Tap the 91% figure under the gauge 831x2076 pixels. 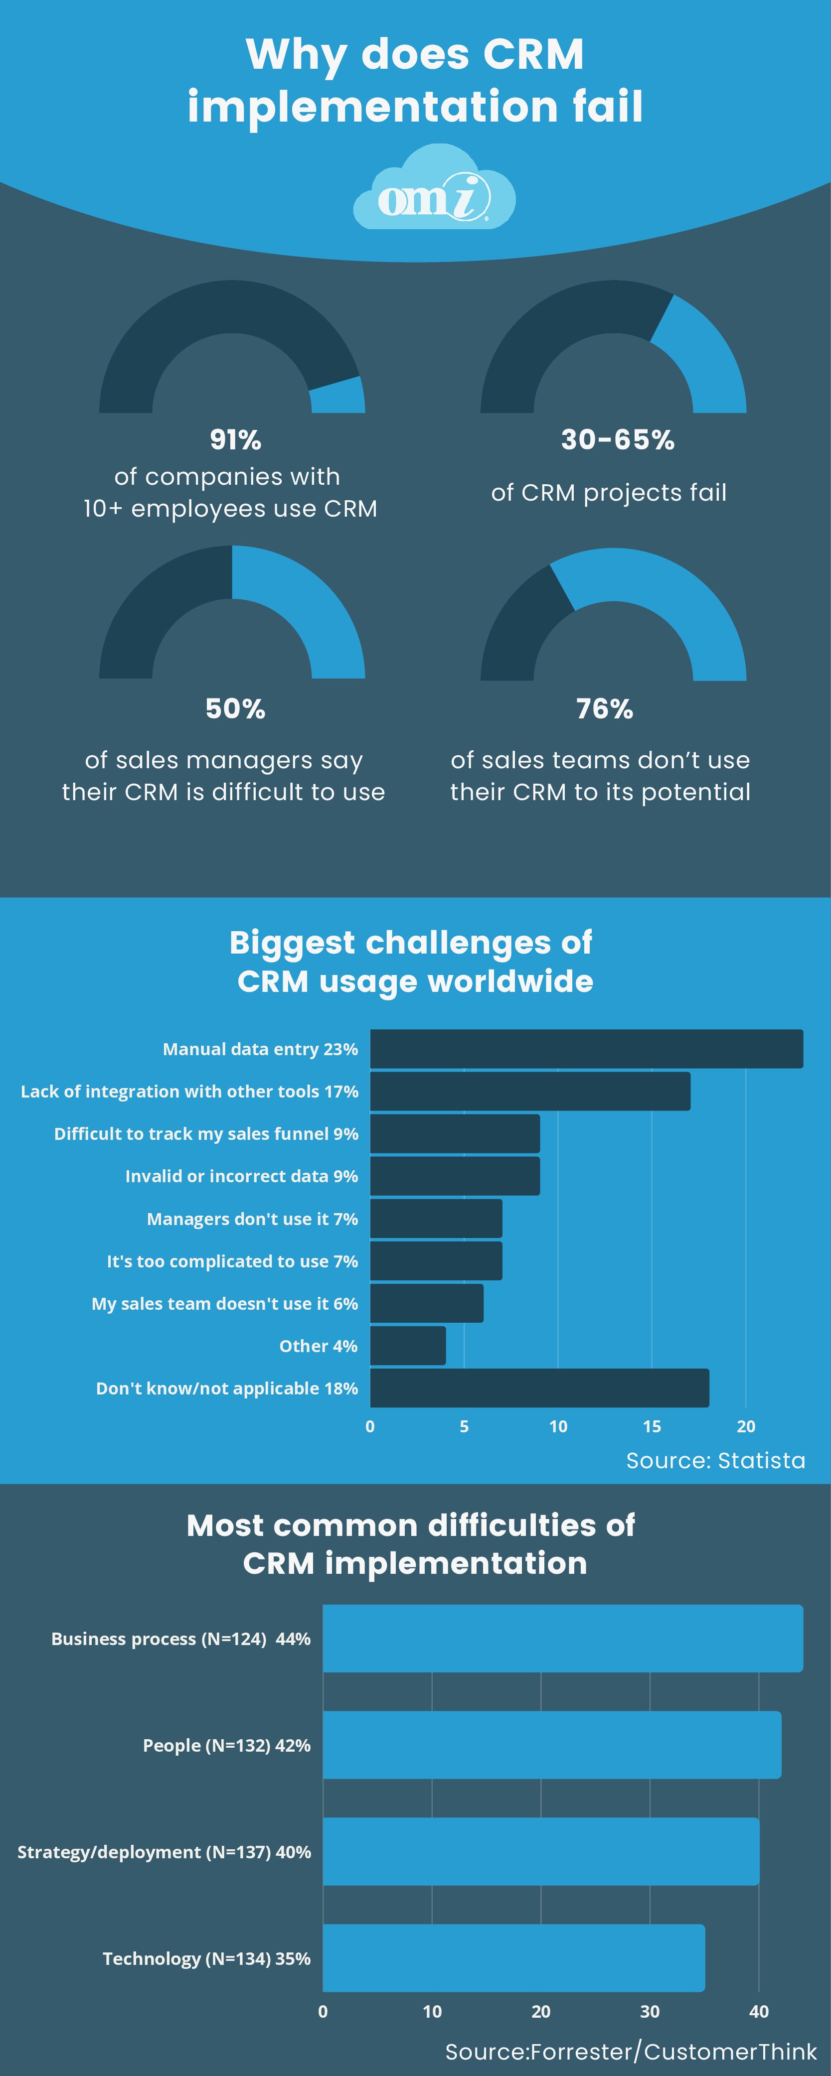point(235,439)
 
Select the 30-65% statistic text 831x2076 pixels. point(618,439)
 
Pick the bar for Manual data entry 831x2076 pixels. point(586,1049)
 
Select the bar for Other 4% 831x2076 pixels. point(408,1345)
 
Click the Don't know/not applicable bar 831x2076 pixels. point(539,1388)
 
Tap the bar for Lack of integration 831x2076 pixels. point(529,1091)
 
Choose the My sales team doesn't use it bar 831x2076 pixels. point(426,1303)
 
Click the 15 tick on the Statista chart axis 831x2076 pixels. point(651,1426)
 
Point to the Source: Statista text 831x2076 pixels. point(715,1460)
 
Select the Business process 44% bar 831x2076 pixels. point(563,1639)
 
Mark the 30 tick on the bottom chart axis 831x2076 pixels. point(650,2012)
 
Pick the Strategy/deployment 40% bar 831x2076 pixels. point(541,1851)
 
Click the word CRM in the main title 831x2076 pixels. point(533,55)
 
